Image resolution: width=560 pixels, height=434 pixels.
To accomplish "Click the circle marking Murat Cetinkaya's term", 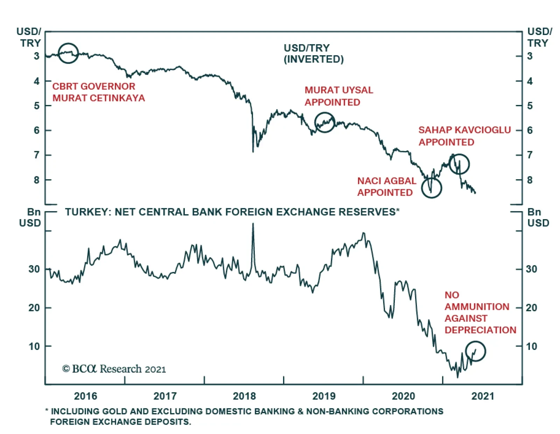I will point(68,53).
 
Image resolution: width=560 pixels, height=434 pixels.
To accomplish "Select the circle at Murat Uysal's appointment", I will point(325,122).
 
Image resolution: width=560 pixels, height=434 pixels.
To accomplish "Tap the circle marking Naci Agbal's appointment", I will point(432,188).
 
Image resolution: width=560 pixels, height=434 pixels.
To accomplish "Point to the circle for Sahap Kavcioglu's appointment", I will point(459,164).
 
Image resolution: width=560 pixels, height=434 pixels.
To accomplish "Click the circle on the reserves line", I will point(476,351).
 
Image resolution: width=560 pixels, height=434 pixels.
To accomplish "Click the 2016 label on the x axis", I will point(85,396).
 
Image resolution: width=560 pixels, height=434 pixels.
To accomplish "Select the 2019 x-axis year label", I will point(324,396).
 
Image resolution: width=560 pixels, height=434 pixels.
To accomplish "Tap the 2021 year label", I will point(483,396).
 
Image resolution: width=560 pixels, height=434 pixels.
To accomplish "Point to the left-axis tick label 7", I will point(37,155).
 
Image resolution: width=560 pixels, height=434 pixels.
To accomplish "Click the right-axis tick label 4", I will point(530,81).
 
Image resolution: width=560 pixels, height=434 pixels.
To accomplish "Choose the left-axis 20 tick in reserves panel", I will point(34,308).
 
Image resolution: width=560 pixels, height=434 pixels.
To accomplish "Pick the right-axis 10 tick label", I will point(531,346).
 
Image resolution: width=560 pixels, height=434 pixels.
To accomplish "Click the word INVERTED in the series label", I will point(314,59).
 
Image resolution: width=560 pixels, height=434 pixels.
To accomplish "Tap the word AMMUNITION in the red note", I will point(477,307).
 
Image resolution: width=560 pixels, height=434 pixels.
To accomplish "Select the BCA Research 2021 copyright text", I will point(114,369).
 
